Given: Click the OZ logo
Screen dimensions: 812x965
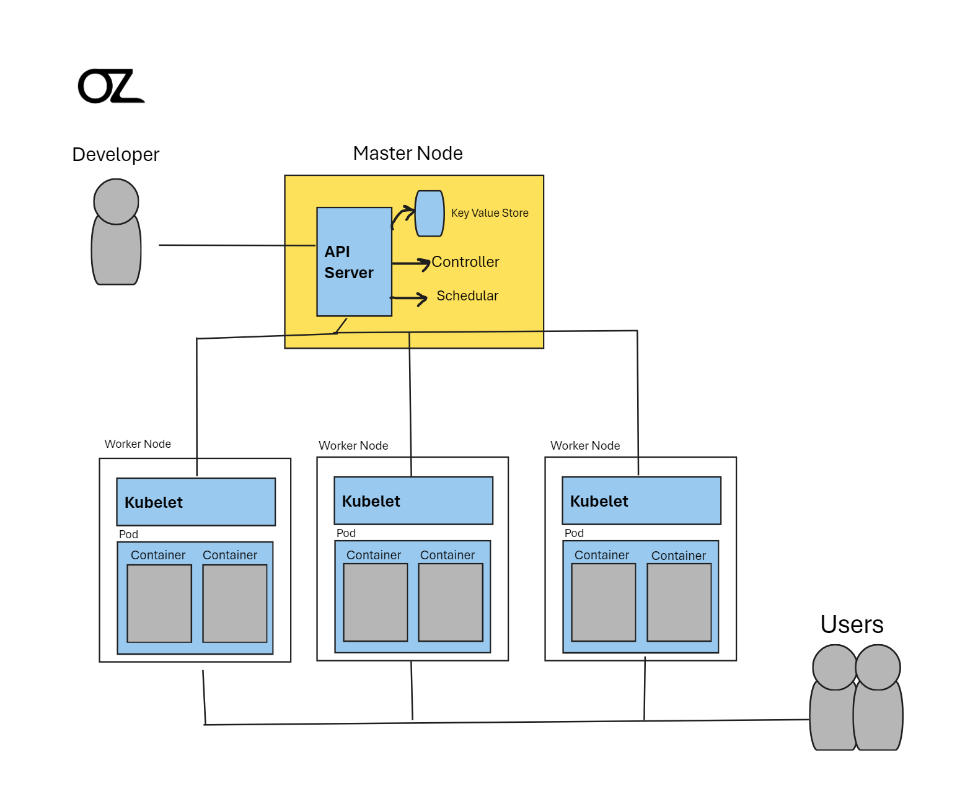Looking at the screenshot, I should point(110,86).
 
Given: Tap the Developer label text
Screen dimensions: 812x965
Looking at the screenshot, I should point(116,154).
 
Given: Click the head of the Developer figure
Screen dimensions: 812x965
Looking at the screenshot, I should point(116,201).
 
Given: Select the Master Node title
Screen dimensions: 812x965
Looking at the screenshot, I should point(408,153).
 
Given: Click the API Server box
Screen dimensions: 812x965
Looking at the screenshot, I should point(354,261).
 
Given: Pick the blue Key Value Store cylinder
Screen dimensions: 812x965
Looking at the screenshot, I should point(430,214).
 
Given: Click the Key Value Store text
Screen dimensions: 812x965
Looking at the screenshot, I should point(490,213).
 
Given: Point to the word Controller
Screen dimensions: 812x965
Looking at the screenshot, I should point(465,262).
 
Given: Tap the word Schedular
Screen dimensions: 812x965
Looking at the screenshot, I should point(467,296).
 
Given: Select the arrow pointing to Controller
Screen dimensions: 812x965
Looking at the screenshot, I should point(411,264).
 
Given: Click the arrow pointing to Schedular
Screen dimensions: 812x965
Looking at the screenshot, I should point(409,299).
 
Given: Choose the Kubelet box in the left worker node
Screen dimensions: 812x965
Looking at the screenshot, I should point(196,502).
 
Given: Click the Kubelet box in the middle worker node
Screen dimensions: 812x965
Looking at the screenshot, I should point(413,500).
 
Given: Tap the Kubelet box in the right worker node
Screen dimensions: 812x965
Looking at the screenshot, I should point(641,500).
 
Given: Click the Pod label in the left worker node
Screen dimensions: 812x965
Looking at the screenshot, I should point(128,535).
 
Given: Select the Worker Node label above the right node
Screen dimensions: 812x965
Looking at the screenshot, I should point(585,445).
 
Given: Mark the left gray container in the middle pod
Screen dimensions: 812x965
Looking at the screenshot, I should point(376,602).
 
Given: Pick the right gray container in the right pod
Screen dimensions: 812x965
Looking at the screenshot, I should point(679,602).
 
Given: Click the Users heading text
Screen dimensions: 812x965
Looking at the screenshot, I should point(852,624).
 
